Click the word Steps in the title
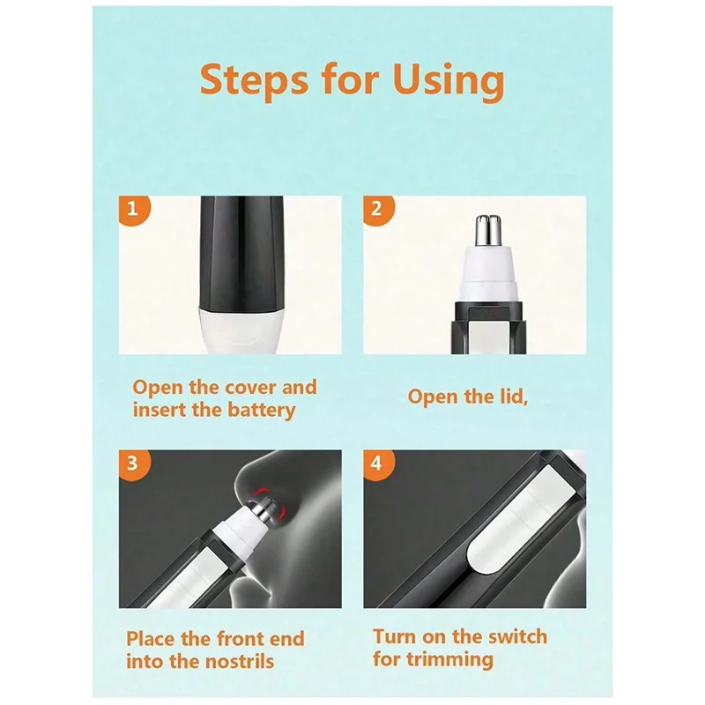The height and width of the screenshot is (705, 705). point(255,80)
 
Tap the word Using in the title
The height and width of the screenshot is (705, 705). point(449,82)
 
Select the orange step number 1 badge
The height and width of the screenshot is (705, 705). point(134,210)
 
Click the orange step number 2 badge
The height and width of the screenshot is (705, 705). point(379,210)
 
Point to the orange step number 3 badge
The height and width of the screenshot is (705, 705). point(134,464)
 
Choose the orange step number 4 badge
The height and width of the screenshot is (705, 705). point(379,464)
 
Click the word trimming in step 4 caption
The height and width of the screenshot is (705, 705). point(449,660)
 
